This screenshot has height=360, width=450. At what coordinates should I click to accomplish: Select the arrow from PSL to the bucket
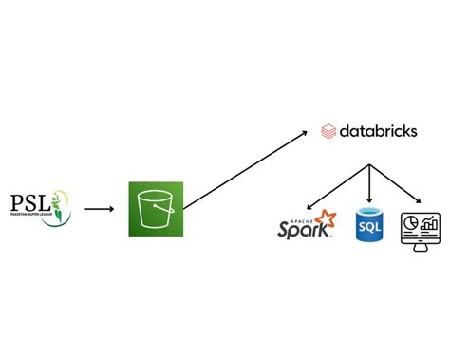99,207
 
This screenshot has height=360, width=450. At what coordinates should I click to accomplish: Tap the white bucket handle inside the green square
154,198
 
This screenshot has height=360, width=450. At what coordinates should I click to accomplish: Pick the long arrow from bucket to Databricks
247,170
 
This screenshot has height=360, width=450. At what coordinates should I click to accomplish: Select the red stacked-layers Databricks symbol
328,131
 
